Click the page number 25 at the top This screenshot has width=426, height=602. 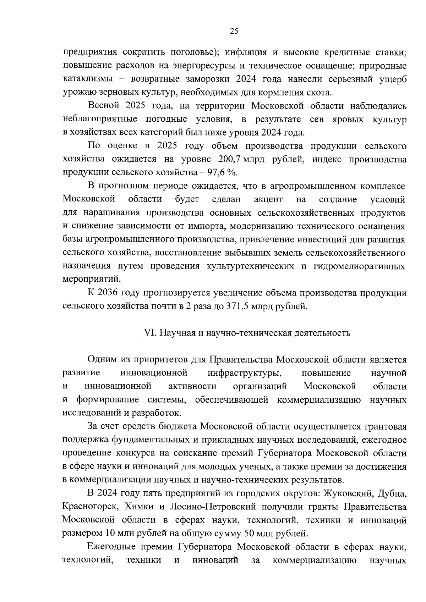click(234, 31)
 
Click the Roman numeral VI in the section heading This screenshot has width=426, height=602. click(149, 333)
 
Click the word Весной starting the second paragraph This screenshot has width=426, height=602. click(103, 106)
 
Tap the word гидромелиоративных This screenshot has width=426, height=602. click(360, 266)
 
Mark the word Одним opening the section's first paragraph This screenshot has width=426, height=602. click(102, 359)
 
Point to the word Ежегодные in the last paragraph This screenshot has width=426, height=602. click(113, 547)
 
